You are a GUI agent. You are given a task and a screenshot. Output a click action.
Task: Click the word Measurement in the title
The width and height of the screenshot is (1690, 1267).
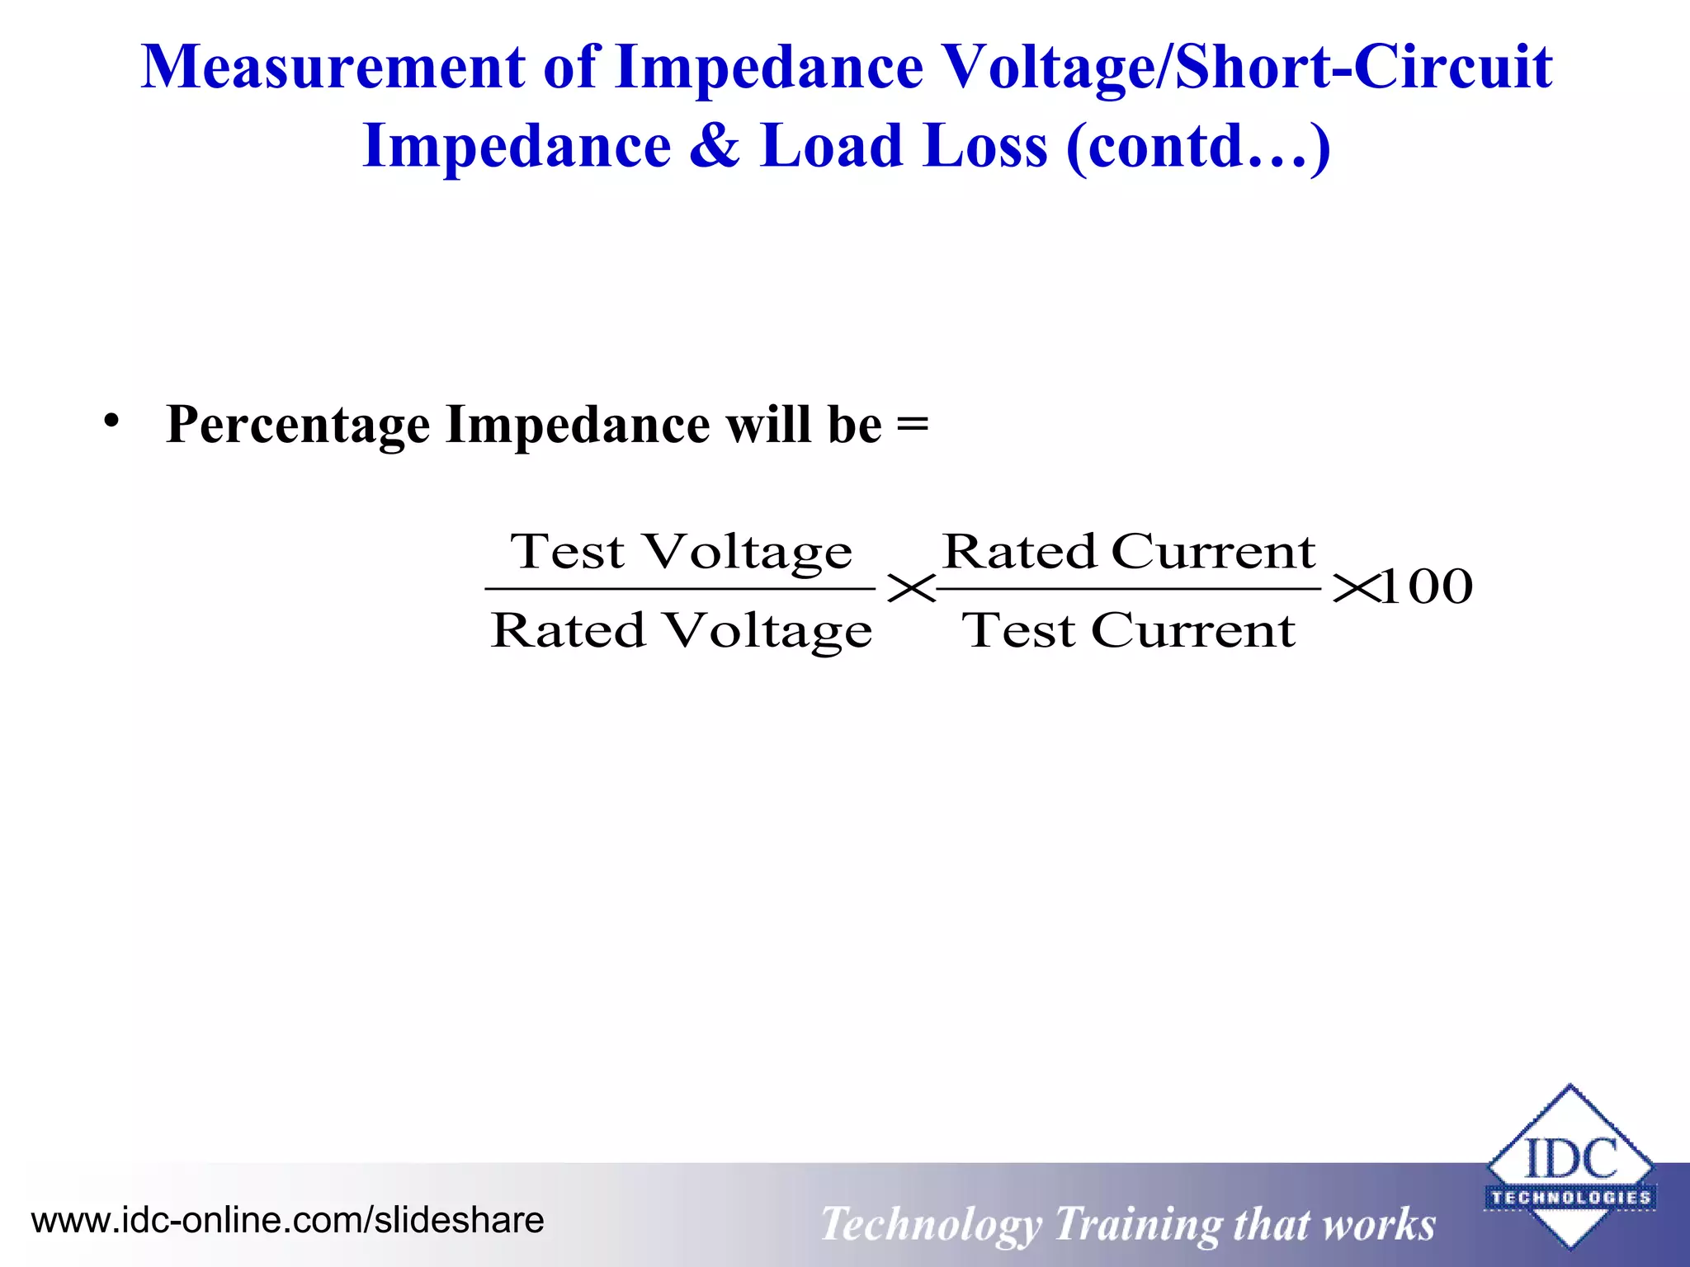click(x=333, y=68)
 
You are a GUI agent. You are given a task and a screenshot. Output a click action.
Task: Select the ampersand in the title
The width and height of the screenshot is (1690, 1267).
click(x=715, y=146)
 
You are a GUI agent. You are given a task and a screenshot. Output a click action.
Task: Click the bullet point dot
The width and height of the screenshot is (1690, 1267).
click(x=111, y=422)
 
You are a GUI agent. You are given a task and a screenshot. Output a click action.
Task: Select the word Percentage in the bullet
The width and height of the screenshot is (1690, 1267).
click(x=298, y=426)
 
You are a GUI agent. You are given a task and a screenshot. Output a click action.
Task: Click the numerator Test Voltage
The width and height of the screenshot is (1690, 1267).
click(x=681, y=551)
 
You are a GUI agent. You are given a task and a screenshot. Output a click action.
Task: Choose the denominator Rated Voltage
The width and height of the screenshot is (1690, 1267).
click(x=681, y=631)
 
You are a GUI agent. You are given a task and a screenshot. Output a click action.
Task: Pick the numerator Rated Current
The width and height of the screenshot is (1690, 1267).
click(x=1128, y=551)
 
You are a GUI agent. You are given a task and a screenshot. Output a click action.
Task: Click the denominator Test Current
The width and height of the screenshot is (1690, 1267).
click(x=1128, y=631)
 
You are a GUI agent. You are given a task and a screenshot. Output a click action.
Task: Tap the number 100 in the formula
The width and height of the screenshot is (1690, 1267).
click(x=1426, y=587)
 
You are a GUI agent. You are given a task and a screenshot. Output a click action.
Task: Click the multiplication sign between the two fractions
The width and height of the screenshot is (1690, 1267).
click(x=910, y=589)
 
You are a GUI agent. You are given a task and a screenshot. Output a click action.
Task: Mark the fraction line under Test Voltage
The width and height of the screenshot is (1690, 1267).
click(x=680, y=589)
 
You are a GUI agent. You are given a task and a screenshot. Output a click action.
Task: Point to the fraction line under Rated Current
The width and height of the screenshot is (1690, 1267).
click(x=1128, y=589)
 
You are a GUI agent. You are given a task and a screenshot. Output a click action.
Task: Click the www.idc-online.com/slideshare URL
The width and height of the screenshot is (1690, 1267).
click(x=287, y=1220)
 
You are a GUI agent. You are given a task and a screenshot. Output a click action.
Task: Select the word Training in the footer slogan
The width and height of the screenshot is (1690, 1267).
click(x=1138, y=1224)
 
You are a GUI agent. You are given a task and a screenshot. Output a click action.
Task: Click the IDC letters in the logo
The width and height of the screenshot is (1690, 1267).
click(x=1570, y=1159)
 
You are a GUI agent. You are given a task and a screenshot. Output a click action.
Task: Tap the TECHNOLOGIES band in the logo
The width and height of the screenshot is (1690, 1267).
click(x=1570, y=1198)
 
